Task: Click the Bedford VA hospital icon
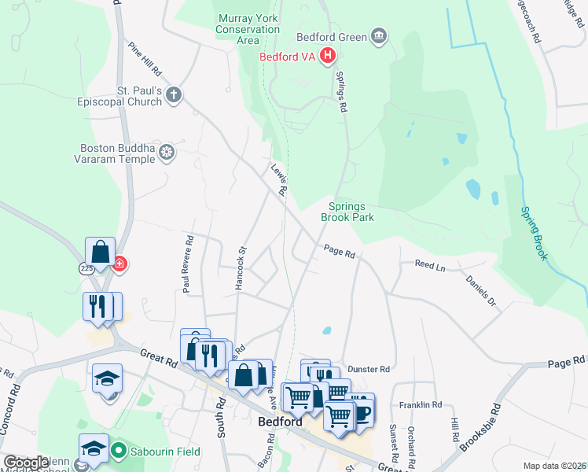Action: [x=329, y=56]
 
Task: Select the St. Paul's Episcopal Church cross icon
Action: [x=175, y=95]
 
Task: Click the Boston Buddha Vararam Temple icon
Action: [x=167, y=151]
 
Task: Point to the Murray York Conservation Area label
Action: [x=248, y=24]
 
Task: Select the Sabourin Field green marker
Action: [x=119, y=452]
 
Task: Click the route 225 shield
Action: [x=87, y=268]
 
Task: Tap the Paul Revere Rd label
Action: [x=188, y=264]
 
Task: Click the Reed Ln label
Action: [x=430, y=267]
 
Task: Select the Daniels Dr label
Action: [x=481, y=290]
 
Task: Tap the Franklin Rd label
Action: [x=421, y=404]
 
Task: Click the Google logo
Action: [x=27, y=463]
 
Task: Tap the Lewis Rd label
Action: [x=278, y=180]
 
